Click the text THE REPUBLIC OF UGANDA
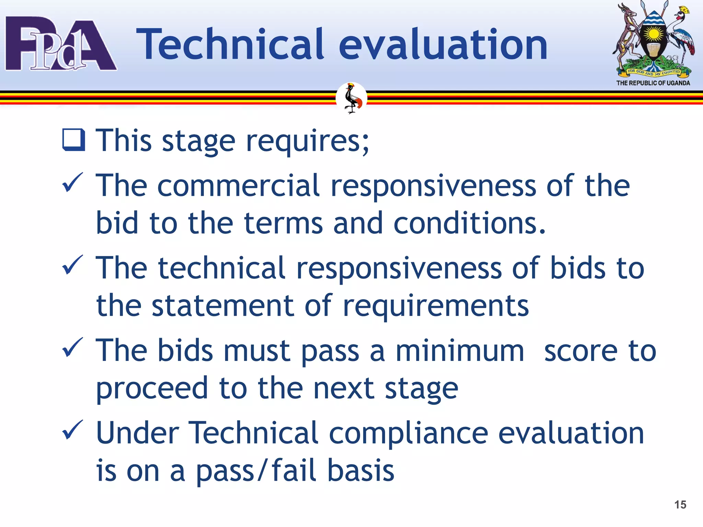tap(653, 83)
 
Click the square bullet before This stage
tap(73, 140)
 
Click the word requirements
tap(436, 306)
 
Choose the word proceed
tap(152, 388)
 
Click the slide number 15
tap(680, 505)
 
